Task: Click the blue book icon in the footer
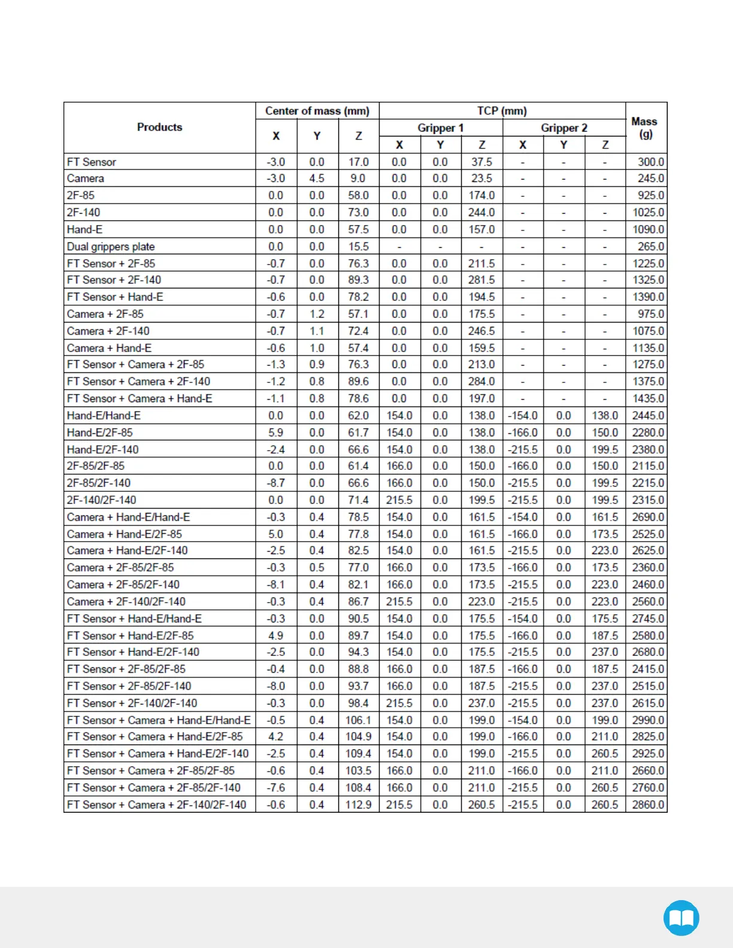(681, 917)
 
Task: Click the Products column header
(159, 127)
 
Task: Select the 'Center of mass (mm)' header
(317, 111)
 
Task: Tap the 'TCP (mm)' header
(502, 111)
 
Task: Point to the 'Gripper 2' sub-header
(564, 127)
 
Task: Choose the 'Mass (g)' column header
(645, 127)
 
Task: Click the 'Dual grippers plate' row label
(111, 247)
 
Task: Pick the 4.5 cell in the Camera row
(317, 178)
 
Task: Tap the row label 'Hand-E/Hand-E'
(104, 415)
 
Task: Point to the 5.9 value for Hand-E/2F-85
(275, 432)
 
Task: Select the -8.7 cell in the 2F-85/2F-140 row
(275, 483)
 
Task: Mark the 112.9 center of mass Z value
(358, 805)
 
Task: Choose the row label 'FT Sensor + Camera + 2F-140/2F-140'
(156, 805)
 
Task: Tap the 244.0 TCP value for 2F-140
(481, 212)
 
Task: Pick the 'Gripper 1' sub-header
(441, 127)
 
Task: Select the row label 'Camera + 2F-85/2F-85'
(120, 567)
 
